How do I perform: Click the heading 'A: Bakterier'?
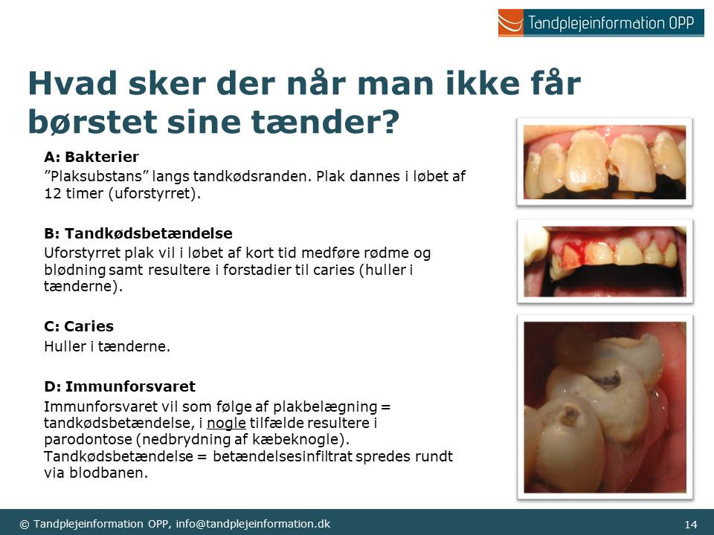point(91,157)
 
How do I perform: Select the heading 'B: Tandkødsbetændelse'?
point(138,233)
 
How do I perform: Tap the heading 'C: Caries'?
point(79,326)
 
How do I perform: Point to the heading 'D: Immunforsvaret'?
point(120,386)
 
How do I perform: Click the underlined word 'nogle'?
point(226,423)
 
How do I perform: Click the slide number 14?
point(691,524)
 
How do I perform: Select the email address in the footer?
point(253,524)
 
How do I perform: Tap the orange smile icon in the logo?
point(510,23)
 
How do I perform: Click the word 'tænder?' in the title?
point(325,121)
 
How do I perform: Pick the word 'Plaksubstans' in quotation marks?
point(97,176)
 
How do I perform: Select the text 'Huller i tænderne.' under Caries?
point(107,347)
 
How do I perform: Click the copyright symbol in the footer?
point(24,524)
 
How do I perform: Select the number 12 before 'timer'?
point(53,193)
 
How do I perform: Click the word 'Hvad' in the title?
point(72,83)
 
